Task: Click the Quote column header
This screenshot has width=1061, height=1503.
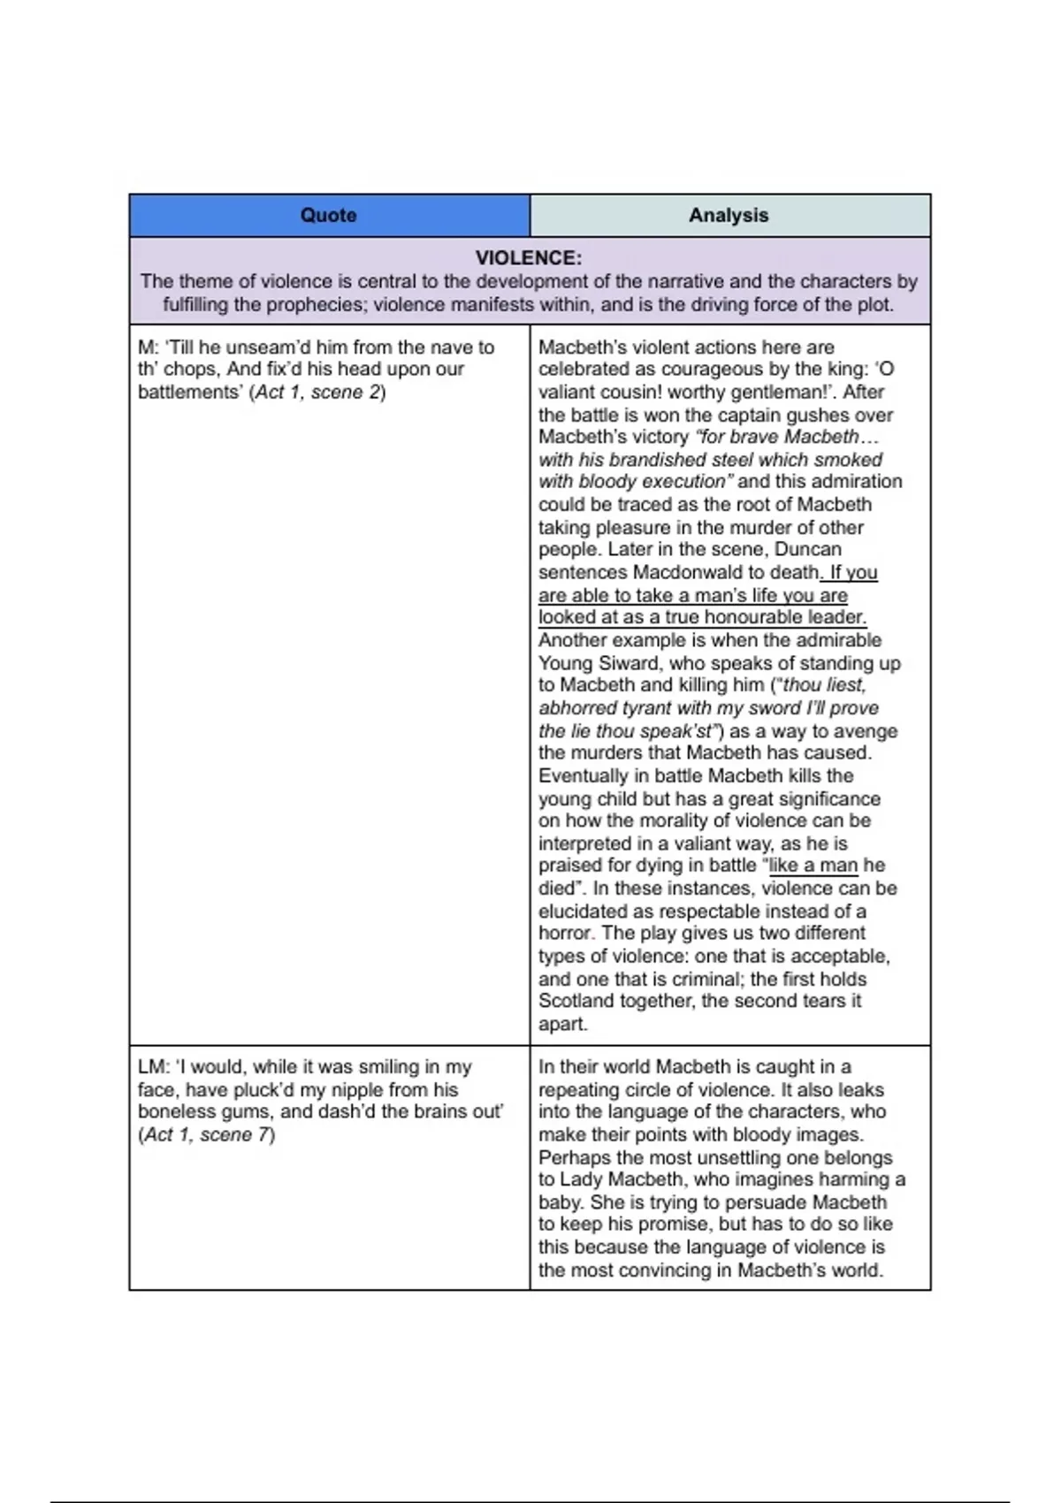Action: pyautogui.click(x=328, y=215)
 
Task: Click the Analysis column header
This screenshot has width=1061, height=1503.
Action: pyautogui.click(x=729, y=215)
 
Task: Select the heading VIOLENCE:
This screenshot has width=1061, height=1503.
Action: pyautogui.click(x=529, y=258)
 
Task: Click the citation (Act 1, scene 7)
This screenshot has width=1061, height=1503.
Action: pyautogui.click(x=207, y=1134)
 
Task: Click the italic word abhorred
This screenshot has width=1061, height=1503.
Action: pyautogui.click(x=578, y=708)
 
